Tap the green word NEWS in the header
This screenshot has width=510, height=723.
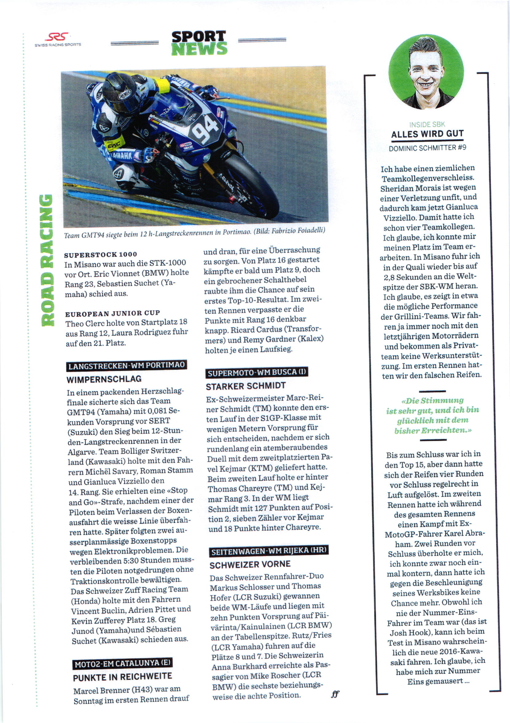[199, 49]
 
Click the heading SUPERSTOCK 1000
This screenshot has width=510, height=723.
[100, 254]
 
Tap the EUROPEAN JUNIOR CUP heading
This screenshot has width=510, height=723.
[112, 313]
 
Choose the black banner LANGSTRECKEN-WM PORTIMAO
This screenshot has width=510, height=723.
[126, 365]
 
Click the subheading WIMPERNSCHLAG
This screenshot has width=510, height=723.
[104, 379]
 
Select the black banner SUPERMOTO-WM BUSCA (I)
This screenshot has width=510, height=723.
[257, 372]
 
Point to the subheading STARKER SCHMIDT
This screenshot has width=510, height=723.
[246, 386]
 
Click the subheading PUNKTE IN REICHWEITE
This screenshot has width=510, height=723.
[122, 677]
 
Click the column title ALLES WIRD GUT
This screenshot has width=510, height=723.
[427, 134]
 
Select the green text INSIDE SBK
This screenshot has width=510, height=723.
[427, 124]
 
